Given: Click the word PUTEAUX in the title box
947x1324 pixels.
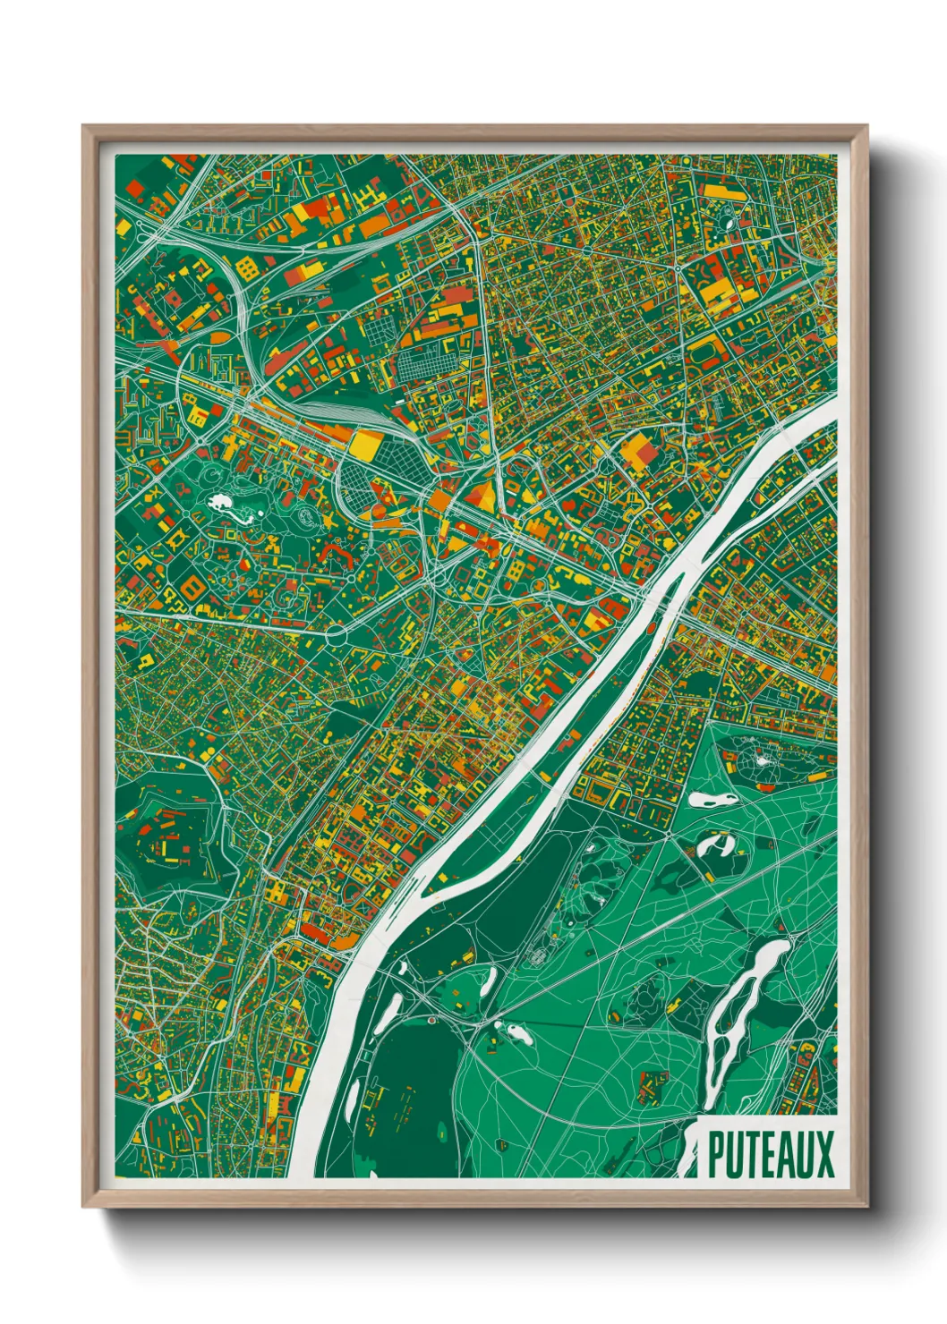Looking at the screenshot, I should click(x=771, y=1154).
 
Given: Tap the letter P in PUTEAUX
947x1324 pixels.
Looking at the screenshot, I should click(x=716, y=1154).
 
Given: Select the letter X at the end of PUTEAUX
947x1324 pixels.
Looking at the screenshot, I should click(x=823, y=1154).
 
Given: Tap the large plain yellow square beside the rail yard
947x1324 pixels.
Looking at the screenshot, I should click(x=364, y=445).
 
